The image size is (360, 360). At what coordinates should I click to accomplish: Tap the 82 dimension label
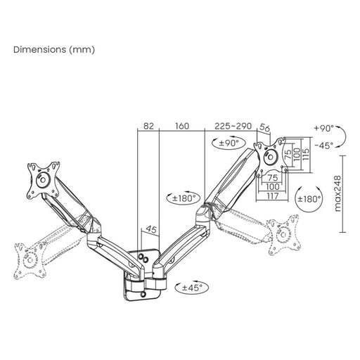(148, 126)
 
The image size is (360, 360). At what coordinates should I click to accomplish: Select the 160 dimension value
(181, 126)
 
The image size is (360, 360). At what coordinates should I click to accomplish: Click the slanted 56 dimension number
(264, 128)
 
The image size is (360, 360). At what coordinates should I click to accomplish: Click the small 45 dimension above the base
(150, 229)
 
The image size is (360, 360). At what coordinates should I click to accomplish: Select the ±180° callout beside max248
(309, 198)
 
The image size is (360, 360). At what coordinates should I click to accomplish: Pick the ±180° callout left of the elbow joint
(183, 198)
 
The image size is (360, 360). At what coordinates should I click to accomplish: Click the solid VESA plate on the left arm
(41, 179)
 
